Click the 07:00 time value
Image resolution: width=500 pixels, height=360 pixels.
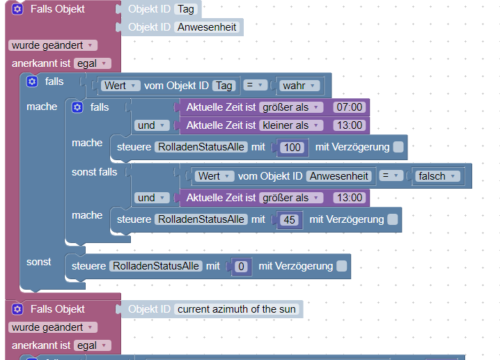(349, 107)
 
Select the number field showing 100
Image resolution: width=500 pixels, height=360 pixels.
(292, 148)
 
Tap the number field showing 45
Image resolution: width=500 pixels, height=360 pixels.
(289, 220)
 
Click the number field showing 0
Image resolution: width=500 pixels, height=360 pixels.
(241, 266)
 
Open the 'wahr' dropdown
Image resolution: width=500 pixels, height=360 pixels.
(299, 86)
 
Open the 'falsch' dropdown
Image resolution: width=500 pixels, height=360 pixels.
(437, 176)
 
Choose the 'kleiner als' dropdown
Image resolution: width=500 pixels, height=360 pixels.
(291, 125)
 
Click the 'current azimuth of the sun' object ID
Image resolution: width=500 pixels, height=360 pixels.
(237, 309)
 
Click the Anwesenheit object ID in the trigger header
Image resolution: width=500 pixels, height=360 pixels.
(207, 27)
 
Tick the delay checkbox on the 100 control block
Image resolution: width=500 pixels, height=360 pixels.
(398, 147)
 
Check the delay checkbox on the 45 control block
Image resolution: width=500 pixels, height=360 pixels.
(393, 219)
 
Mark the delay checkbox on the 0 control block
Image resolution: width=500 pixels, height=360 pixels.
(341, 266)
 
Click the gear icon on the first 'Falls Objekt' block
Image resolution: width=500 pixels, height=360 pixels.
(17, 9)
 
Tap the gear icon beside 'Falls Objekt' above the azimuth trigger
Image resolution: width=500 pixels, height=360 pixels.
(17, 309)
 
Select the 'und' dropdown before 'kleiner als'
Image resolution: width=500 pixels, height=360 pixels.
(152, 125)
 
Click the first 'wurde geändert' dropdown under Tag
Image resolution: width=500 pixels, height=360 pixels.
(53, 45)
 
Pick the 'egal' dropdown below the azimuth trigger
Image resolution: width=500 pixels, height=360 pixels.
(92, 345)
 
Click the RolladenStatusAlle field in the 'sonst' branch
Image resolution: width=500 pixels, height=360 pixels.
(156, 266)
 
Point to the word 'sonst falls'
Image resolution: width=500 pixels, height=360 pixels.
(95, 172)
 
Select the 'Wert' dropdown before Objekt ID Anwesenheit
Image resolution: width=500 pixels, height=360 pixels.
(214, 176)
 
